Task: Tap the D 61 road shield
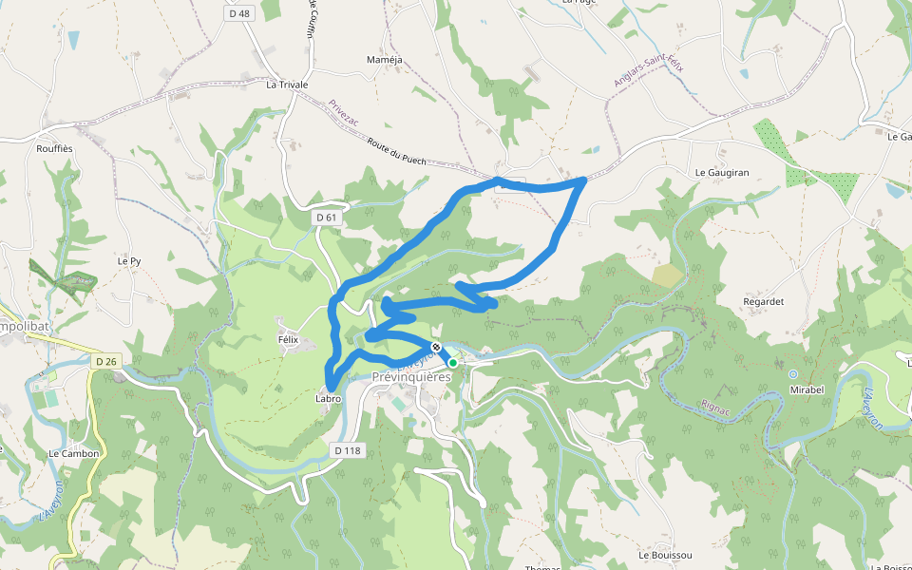pos(326,218)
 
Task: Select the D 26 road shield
pos(106,361)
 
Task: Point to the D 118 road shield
pos(349,449)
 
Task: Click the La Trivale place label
pos(287,85)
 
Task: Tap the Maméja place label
pos(385,60)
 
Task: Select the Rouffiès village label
pos(54,148)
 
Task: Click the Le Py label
pos(129,260)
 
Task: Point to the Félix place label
pos(288,339)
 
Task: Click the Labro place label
pos(328,399)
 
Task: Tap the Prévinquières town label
pos(411,377)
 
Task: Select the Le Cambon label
pos(73,454)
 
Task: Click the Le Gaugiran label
pos(722,173)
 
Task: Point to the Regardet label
pos(763,301)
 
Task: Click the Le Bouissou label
pos(665,555)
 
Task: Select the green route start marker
pos(453,363)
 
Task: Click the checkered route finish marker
pos(435,347)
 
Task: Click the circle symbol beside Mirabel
pos(793,373)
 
